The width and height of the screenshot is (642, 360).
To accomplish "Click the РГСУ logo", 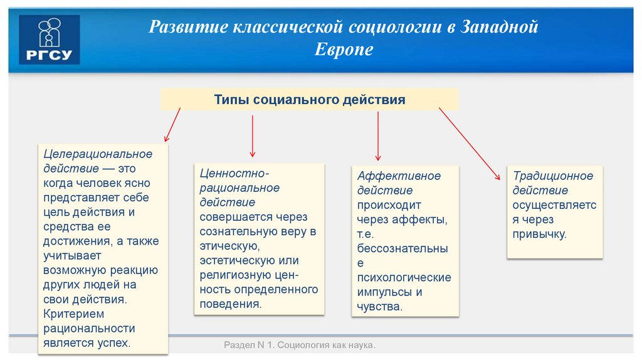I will [50, 40].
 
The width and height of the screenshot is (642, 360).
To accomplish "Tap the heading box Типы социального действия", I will [309, 100].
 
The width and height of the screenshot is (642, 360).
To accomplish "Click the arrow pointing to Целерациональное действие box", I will [172, 124].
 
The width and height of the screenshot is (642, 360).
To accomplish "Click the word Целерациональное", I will [97, 154].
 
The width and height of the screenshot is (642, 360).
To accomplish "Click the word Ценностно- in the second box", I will [234, 173].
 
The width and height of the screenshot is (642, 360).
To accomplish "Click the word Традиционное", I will [553, 176].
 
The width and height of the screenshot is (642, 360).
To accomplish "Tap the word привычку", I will [539, 235].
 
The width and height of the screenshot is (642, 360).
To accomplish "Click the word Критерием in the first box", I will [73, 314].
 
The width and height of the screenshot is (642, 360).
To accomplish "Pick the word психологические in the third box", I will [404, 277].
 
